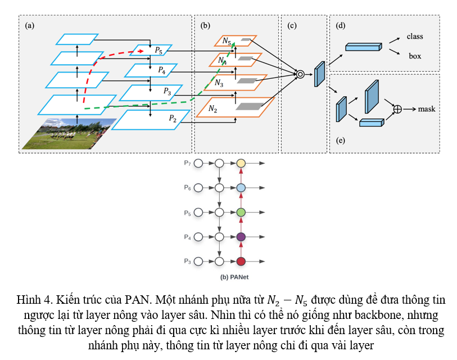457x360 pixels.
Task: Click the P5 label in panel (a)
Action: [159, 51]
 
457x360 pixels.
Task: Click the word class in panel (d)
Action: [415, 37]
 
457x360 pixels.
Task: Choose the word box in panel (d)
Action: [415, 56]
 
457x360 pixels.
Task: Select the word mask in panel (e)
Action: [427, 109]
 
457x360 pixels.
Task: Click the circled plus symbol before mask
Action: [397, 109]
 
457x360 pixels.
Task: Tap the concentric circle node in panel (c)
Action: [300, 74]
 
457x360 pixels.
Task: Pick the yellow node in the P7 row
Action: [241, 163]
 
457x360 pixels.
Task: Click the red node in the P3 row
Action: [241, 261]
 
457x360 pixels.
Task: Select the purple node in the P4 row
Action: [241, 237]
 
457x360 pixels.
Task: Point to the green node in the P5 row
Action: [241, 212]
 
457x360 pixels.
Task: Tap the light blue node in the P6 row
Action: [241, 188]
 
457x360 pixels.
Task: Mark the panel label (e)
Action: [340, 141]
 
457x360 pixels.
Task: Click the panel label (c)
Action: [291, 25]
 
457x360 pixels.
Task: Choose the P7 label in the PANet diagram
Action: [187, 163]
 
